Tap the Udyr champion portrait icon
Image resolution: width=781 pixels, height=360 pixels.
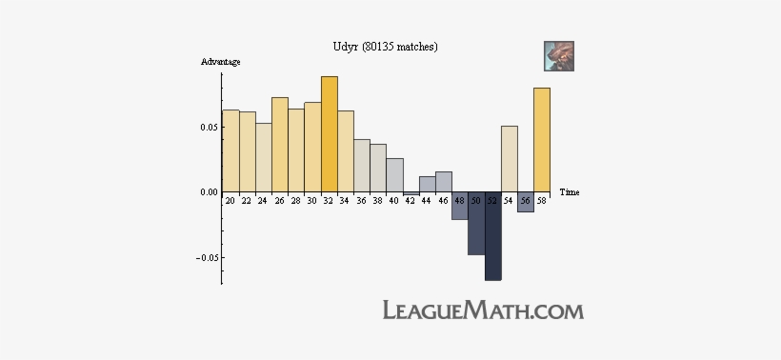coord(558,55)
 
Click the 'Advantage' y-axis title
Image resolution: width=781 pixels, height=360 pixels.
coord(220,62)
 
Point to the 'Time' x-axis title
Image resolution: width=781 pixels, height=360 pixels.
coord(570,192)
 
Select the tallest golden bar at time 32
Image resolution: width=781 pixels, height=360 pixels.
coord(330,134)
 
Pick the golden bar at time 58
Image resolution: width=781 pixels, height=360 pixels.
coord(542,140)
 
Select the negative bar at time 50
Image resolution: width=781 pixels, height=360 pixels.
coord(476,223)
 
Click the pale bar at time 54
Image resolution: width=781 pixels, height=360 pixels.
coord(510,159)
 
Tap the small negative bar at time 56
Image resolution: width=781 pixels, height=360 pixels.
coord(526,202)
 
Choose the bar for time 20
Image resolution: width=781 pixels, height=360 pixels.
coord(230,150)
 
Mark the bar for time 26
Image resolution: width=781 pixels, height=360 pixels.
coord(280,145)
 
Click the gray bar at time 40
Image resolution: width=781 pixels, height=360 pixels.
coord(395,175)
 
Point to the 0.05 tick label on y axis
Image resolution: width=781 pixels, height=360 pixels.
coord(206,127)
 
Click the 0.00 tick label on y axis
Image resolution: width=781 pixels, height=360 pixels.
coord(206,192)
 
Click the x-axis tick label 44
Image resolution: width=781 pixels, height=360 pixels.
coord(427,201)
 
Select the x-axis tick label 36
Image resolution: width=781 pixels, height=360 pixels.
coord(361,201)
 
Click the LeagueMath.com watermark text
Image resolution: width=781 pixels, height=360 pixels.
coord(483,310)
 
